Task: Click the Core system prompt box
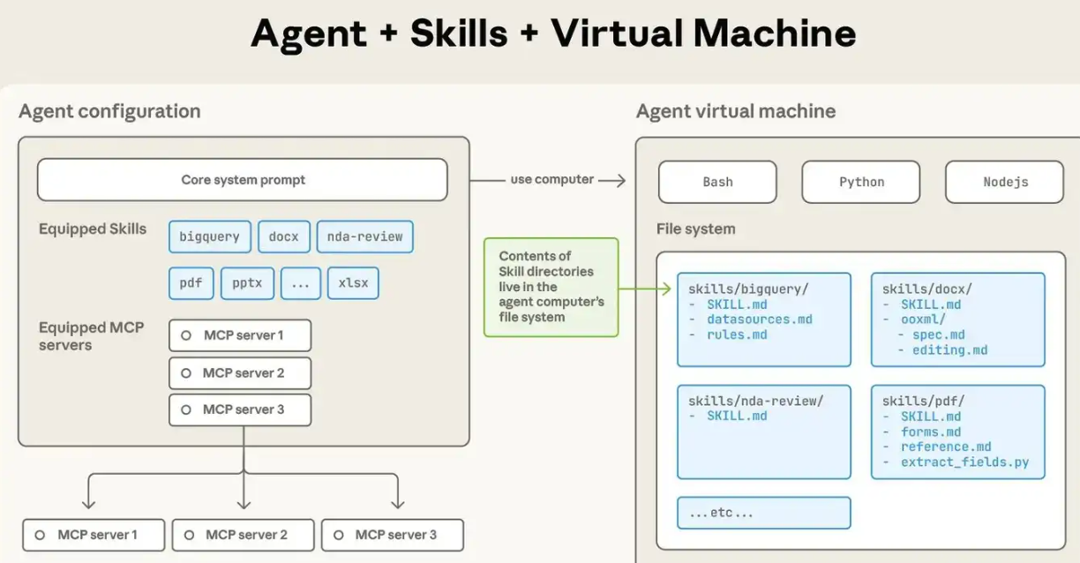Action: pos(243,180)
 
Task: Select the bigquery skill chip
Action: pos(210,236)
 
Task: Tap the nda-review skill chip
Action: pos(364,236)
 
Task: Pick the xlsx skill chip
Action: pos(353,283)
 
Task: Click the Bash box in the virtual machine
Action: pos(717,182)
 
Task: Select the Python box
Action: pos(861,182)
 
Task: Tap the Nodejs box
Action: pos(1005,182)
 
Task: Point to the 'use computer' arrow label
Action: pos(551,179)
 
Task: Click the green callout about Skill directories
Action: pos(551,287)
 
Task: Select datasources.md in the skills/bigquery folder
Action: pos(759,319)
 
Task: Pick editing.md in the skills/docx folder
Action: pos(949,350)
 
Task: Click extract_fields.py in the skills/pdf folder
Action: pos(964,462)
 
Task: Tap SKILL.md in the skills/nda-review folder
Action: pos(737,417)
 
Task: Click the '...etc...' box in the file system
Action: pos(763,513)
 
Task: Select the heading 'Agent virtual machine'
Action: pos(735,111)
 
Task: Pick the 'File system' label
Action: pos(695,229)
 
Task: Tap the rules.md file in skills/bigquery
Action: pos(737,335)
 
